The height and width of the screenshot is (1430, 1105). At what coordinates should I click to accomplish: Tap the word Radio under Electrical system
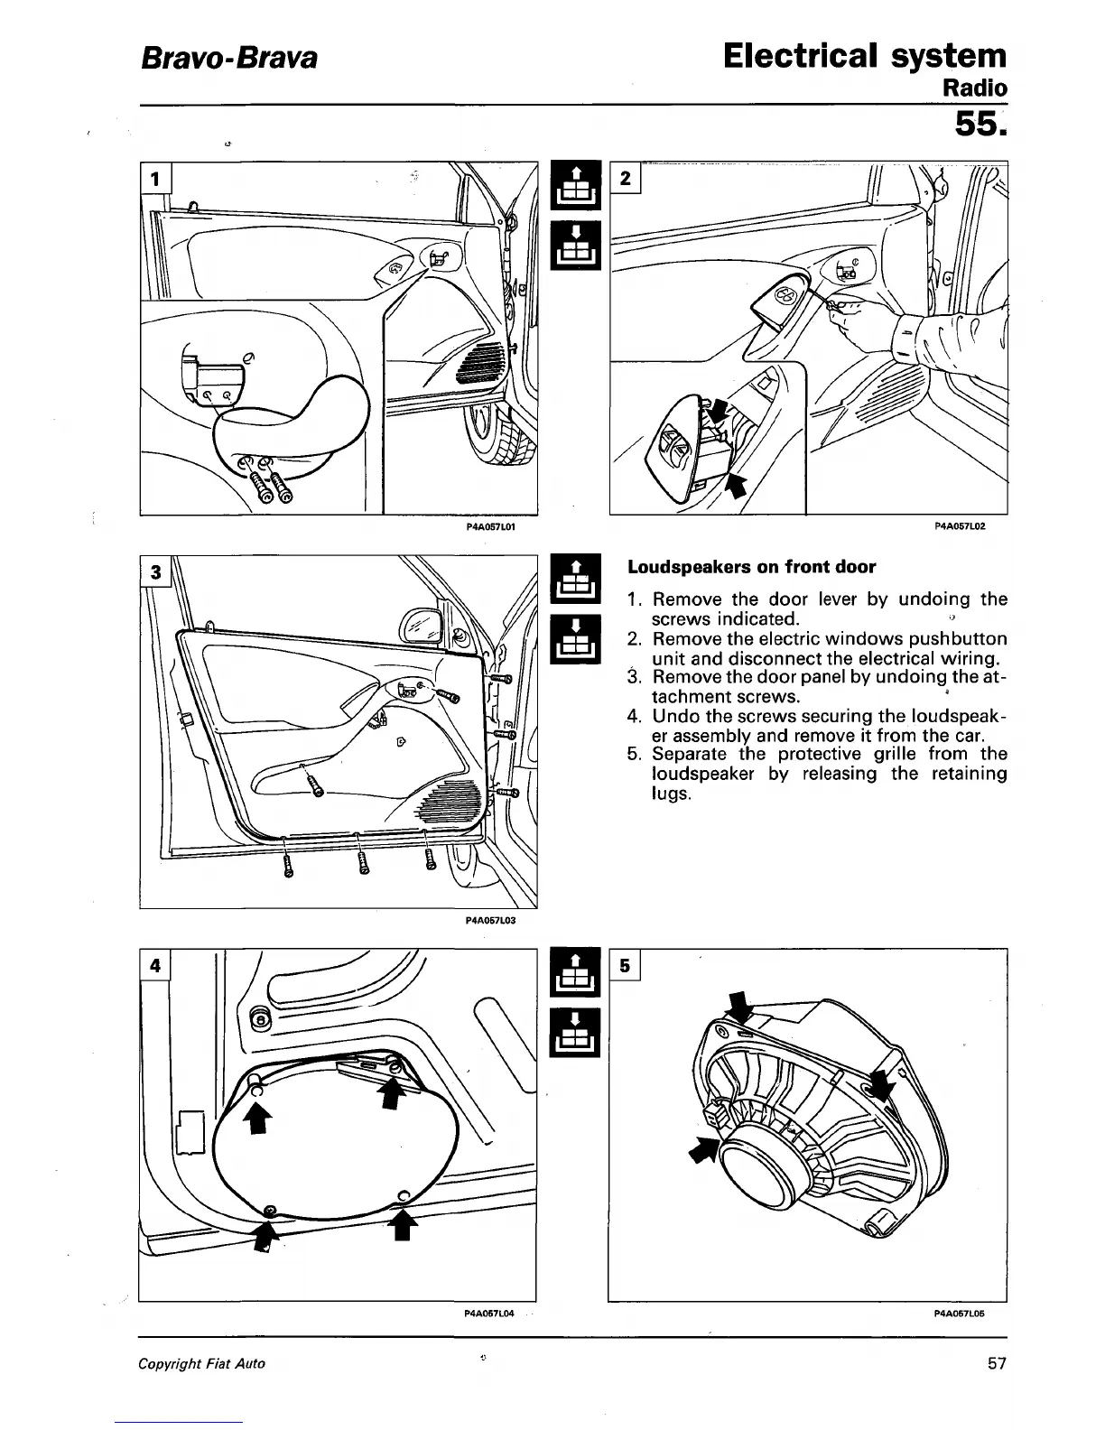coord(974,88)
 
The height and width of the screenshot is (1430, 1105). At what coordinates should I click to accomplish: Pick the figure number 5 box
coord(626,965)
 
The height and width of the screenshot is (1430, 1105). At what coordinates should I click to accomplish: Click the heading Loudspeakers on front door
coord(751,567)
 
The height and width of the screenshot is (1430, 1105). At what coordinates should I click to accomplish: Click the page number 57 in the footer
coord(996,1363)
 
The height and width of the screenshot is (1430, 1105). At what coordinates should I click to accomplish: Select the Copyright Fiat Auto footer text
coord(201,1363)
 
